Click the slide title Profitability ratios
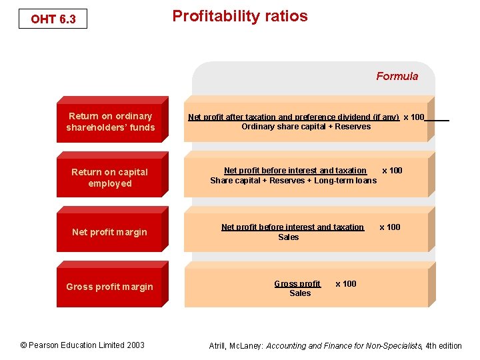click(x=240, y=16)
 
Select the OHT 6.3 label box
click(x=53, y=19)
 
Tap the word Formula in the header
click(x=397, y=76)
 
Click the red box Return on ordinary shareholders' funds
click(x=110, y=121)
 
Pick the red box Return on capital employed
click(x=110, y=177)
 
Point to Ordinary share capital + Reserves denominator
click(x=306, y=127)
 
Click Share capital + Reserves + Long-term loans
click(x=293, y=181)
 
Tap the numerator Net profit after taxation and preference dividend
click(x=293, y=117)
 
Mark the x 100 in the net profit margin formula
click(x=390, y=227)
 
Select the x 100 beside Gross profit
click(x=345, y=284)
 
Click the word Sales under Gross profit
click(x=300, y=293)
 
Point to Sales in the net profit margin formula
click(x=289, y=237)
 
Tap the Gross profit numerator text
click(x=297, y=284)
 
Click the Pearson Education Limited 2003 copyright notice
click(x=82, y=345)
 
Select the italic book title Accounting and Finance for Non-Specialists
click(x=344, y=345)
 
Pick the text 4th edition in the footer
click(x=443, y=345)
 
